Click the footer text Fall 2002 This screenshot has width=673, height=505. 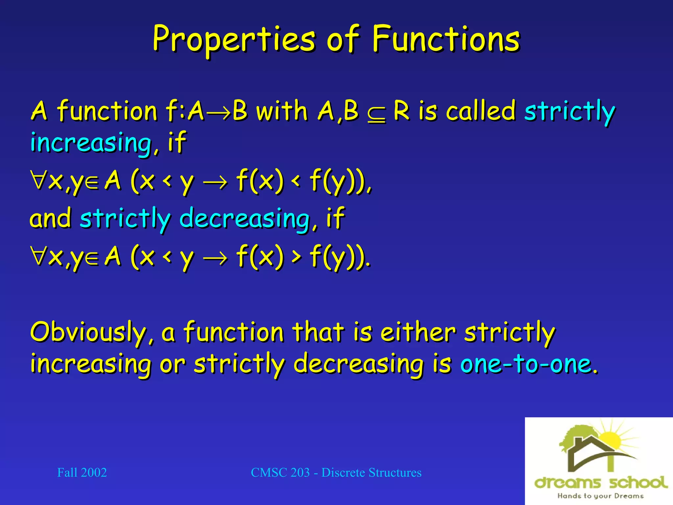pos(82,472)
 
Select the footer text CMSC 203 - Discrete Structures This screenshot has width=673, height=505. pos(336,472)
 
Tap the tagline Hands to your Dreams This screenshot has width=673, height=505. pos(600,496)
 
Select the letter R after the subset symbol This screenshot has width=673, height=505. pos(402,111)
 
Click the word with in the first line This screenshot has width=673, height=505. pos(282,111)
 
